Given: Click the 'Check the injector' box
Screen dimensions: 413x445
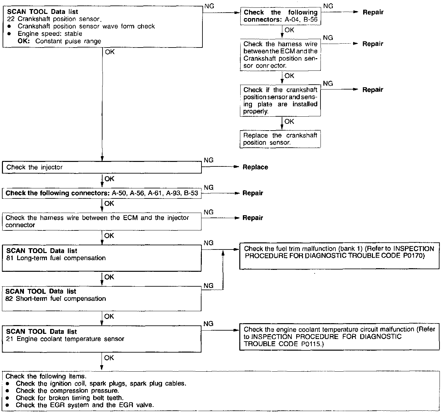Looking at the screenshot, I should pyautogui.click(x=102, y=167).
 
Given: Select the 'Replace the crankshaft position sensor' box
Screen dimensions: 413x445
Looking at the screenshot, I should pyautogui.click(x=280, y=139).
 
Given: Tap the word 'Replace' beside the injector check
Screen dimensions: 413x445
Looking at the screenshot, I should pyautogui.click(x=255, y=167).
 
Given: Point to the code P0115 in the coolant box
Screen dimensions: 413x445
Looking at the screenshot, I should pyautogui.click(x=310, y=344).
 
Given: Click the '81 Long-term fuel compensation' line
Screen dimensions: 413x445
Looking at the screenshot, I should pyautogui.click(x=56, y=258).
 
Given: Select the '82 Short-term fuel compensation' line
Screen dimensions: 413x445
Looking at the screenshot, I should pyautogui.click(x=56, y=299).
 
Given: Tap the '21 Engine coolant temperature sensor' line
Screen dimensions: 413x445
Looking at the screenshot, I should pyautogui.click(x=65, y=339).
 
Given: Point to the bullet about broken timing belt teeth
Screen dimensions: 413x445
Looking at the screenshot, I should pyautogui.click(x=70, y=398).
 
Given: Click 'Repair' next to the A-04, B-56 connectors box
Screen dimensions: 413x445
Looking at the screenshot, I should pyautogui.click(x=373, y=12).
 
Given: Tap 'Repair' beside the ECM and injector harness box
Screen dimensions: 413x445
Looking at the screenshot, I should pyautogui.click(x=253, y=218).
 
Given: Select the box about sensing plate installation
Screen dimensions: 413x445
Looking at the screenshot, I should pyautogui.click(x=280, y=101).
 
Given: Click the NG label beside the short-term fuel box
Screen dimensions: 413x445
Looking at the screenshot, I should pyautogui.click(x=209, y=286).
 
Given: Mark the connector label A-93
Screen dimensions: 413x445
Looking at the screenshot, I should pyautogui.click(x=173, y=193).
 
